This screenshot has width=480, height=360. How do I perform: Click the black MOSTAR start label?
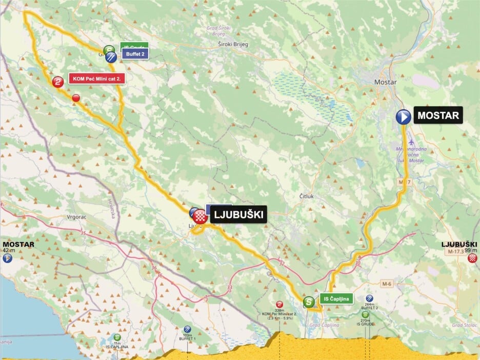[438, 115]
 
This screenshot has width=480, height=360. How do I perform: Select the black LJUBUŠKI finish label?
[238, 215]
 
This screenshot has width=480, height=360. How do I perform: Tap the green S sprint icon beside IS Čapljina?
[309, 302]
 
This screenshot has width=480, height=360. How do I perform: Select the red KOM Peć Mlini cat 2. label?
[97, 78]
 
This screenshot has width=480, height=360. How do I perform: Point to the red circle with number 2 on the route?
[58, 81]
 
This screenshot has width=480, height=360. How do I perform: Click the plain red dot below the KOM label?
[76, 98]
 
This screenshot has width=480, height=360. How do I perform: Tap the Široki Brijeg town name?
[233, 45]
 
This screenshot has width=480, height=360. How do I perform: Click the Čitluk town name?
[306, 196]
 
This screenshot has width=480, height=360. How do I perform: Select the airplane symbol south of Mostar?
[412, 141]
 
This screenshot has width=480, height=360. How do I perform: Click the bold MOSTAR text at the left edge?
[18, 244]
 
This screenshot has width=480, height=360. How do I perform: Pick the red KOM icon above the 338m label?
[279, 304]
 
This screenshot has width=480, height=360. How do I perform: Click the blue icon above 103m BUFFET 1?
[187, 329]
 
